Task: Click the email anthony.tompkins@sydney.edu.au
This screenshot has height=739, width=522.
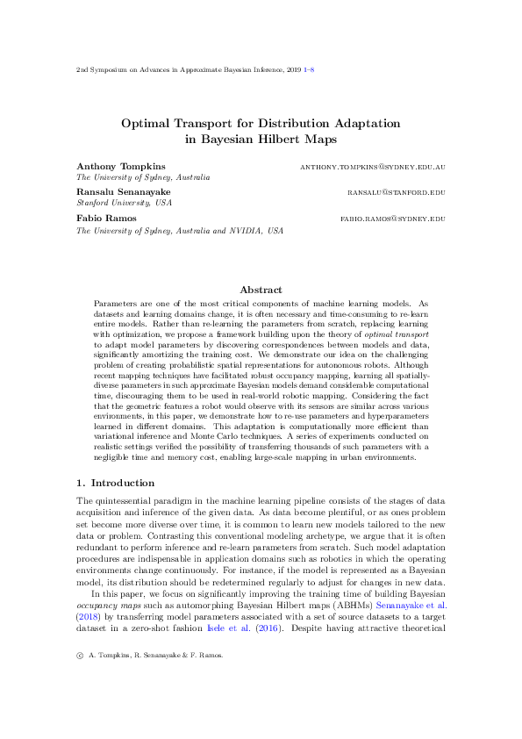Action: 373,166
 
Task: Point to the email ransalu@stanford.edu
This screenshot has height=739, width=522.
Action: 397,191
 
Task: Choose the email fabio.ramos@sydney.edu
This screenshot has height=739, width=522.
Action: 393,218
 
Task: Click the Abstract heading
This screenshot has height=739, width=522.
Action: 261,290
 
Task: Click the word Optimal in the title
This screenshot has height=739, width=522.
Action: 146,123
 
